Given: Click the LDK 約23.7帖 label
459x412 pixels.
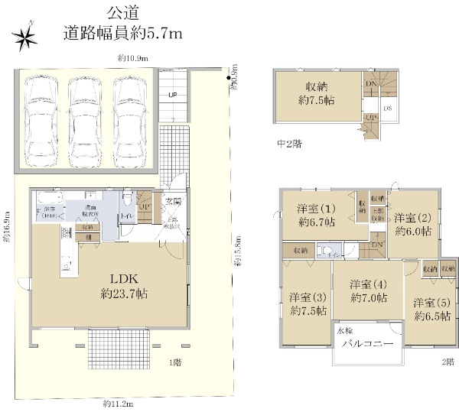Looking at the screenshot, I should [122, 286].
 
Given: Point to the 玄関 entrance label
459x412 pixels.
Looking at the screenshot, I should [172, 202].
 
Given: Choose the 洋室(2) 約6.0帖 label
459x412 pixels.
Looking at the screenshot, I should [414, 223].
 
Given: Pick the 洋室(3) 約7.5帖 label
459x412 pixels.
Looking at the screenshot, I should [308, 303].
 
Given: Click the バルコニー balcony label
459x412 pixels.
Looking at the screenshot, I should [367, 345].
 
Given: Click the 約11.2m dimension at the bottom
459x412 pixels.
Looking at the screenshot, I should [119, 404].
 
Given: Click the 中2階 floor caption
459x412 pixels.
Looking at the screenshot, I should [288, 143].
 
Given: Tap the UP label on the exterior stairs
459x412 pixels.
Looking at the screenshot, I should [173, 96].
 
